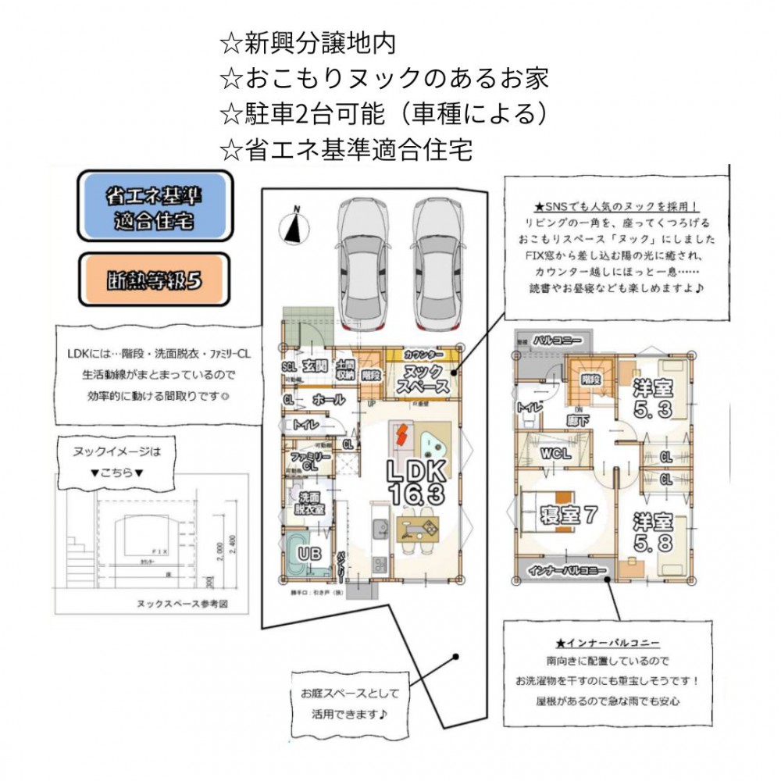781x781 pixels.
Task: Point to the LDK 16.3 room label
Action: (417, 482)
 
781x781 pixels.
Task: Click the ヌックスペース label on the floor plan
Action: (423, 379)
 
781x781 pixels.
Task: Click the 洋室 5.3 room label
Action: (654, 396)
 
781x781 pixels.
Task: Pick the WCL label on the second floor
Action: (555, 453)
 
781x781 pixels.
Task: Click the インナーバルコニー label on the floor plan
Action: (567, 572)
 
